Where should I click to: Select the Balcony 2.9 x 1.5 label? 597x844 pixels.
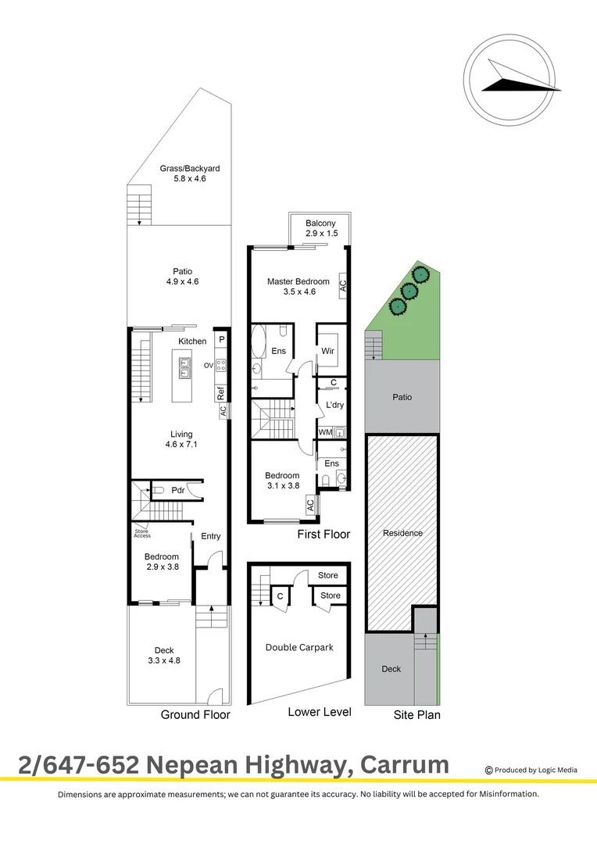(320, 229)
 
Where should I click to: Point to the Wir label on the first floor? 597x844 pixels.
(328, 351)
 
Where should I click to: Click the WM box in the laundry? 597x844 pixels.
(324, 432)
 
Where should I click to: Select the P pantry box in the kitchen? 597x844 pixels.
(221, 340)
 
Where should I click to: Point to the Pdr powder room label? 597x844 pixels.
(177, 491)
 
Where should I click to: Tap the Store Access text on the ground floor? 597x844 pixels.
(142, 534)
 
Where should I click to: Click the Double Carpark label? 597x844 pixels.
(299, 647)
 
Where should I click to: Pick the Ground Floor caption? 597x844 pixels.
(195, 714)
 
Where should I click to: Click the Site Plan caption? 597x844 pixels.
(416, 714)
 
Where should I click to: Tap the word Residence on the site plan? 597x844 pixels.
(402, 533)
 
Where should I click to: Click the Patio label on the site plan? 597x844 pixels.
(402, 397)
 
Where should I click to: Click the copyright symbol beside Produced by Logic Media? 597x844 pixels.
(489, 770)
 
